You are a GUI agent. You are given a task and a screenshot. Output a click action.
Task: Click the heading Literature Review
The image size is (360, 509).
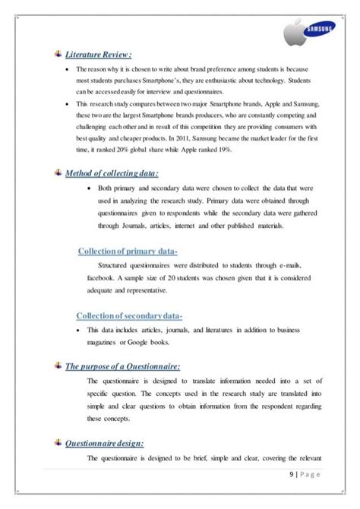click(99, 54)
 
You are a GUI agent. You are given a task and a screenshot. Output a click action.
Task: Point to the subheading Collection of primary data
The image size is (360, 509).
click(128, 251)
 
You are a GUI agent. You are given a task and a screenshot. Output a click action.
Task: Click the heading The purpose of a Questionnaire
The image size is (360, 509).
click(123, 367)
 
